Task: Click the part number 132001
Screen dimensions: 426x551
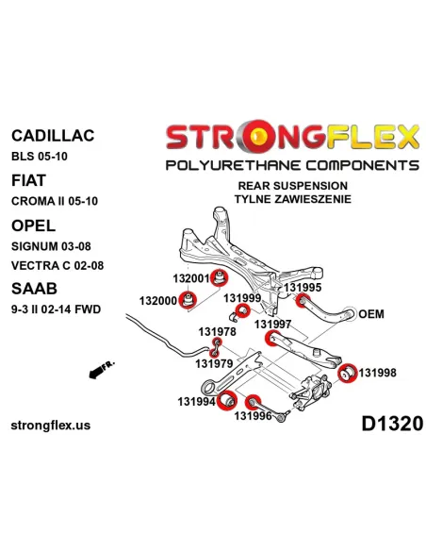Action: (191, 278)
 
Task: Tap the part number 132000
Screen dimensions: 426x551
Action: (158, 301)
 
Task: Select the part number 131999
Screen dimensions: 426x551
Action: (242, 298)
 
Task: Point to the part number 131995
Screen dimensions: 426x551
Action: (303, 288)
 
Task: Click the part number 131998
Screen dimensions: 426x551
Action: (378, 373)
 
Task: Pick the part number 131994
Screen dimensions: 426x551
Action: (197, 401)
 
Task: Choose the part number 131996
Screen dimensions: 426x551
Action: (253, 416)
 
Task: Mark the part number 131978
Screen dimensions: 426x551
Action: (217, 331)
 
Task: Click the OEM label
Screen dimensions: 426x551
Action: (371, 314)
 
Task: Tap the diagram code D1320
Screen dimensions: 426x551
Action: (392, 424)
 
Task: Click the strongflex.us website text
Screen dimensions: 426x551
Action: (51, 426)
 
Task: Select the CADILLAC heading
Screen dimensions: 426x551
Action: (53, 136)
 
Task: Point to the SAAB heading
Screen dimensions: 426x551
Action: (34, 289)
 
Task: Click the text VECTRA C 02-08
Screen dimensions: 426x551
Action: (57, 266)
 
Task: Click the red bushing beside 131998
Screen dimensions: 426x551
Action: (348, 373)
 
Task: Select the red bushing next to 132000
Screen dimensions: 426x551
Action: (188, 300)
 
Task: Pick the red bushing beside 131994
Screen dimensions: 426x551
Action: (227, 401)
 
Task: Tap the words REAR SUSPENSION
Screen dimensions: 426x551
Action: (293, 186)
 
